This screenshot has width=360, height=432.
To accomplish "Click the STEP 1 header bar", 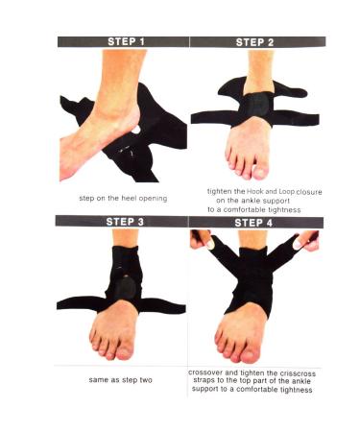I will coord(123,41).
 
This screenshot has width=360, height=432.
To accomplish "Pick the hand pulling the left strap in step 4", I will coord(203,237).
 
